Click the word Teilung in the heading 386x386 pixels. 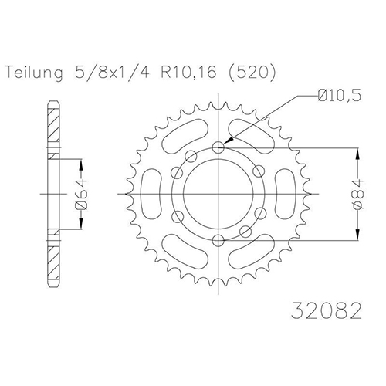click(34, 73)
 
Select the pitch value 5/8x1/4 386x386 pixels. click(112, 72)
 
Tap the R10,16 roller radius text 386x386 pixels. click(188, 72)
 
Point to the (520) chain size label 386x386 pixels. click(251, 73)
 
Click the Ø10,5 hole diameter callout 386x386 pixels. click(339, 96)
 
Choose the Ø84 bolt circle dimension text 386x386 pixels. click(358, 195)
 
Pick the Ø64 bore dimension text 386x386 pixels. click(81, 194)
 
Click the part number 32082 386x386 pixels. click(326, 311)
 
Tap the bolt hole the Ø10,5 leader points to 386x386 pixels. click(218, 147)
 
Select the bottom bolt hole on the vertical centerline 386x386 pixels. click(218, 241)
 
